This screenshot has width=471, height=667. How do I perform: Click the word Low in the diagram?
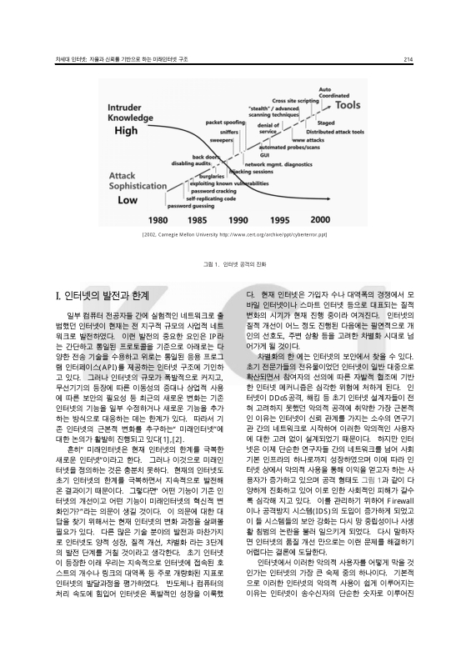coord(125,201)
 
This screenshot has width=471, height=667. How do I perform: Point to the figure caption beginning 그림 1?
coord(235,264)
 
